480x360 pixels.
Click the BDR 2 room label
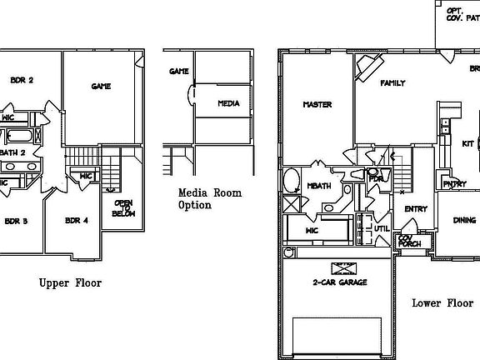(x=21, y=80)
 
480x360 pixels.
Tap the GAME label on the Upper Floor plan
(x=100, y=86)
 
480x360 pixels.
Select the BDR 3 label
(x=17, y=221)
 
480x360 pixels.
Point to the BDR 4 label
(x=76, y=221)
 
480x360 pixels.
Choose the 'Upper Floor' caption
(x=70, y=283)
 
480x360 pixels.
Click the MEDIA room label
(x=228, y=104)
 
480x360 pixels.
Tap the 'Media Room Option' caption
(x=210, y=199)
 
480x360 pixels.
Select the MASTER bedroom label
(x=317, y=105)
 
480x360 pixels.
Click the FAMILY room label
(x=392, y=84)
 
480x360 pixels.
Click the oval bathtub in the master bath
(x=292, y=181)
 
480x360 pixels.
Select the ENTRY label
(x=416, y=209)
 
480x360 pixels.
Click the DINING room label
(x=464, y=220)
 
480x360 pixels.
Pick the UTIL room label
(x=382, y=227)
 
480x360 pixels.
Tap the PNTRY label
(x=454, y=184)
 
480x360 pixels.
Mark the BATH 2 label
(x=12, y=152)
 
